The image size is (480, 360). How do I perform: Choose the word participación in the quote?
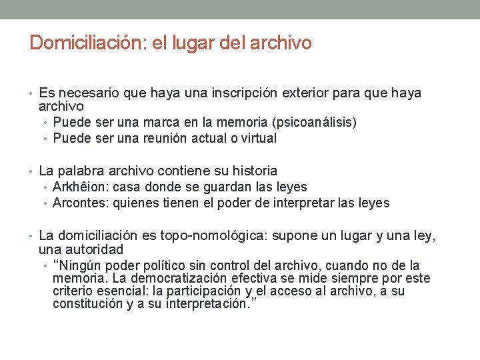pyautogui.click(x=205, y=291)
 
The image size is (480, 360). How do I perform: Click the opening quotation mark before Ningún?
pyautogui.click(x=56, y=265)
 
